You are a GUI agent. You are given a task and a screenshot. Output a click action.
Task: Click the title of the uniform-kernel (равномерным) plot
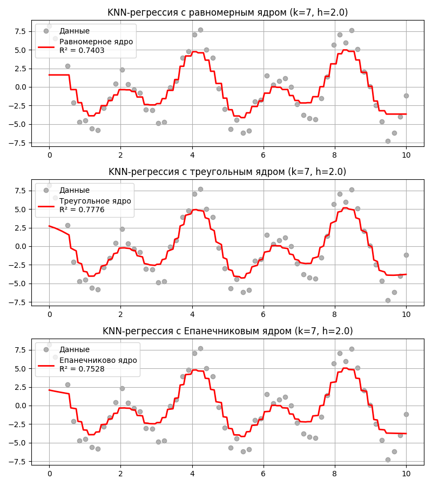227,12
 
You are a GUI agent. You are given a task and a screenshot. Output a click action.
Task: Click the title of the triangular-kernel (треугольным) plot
227,172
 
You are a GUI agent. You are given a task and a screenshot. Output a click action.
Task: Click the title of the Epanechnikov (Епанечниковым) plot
227,331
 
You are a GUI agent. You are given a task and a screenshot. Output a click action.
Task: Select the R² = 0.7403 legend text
82,50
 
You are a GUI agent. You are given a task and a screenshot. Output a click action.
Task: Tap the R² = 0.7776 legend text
82,210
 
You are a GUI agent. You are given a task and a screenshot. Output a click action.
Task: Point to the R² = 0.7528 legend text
82,369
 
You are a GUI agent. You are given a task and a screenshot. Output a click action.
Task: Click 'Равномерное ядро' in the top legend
96,42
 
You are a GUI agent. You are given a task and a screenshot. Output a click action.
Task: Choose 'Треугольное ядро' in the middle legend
95,201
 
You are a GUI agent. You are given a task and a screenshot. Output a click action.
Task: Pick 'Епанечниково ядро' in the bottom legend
98,360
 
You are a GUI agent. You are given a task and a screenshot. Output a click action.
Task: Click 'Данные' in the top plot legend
75,31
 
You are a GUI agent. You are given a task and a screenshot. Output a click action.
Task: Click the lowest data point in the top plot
388,141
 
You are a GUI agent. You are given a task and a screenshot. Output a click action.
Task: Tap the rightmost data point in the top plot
406,96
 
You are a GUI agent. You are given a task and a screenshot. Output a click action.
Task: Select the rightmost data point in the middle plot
406,255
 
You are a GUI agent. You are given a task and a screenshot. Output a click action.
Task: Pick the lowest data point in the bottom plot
388,460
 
